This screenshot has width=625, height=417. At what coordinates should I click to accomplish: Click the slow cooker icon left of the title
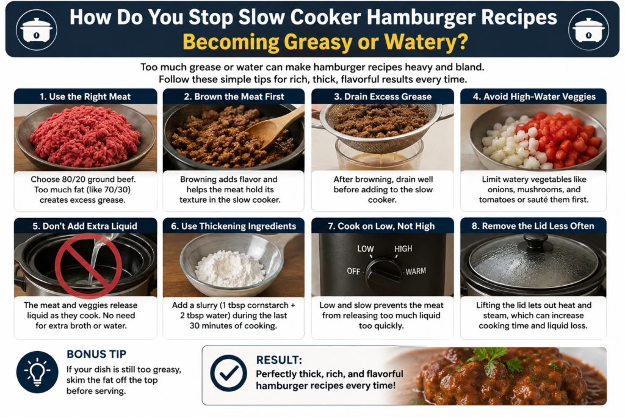pyautogui.click(x=36, y=29)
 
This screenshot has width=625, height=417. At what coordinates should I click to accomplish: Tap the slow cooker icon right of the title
pyautogui.click(x=588, y=29)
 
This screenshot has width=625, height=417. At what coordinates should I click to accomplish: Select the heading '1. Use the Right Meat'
pyautogui.click(x=85, y=96)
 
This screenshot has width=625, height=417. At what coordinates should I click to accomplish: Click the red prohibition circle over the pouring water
pyautogui.click(x=88, y=266)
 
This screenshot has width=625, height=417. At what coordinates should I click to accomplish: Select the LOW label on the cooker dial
pyautogui.click(x=365, y=248)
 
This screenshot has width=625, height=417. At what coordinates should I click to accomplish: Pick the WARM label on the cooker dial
pyautogui.click(x=416, y=272)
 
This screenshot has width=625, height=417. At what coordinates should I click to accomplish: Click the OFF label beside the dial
pyautogui.click(x=353, y=272)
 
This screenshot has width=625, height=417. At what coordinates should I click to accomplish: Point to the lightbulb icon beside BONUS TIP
pyautogui.click(x=37, y=372)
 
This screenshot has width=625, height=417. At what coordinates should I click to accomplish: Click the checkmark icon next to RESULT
pyautogui.click(x=229, y=373)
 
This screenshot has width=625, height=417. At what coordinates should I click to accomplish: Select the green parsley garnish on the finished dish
pyautogui.click(x=494, y=359)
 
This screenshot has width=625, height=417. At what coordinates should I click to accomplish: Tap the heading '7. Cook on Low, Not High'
pyautogui.click(x=381, y=226)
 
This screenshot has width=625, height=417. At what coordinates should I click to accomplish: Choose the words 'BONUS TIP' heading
pyautogui.click(x=96, y=354)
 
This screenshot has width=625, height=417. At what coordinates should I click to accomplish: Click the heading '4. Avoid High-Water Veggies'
pyautogui.click(x=534, y=96)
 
